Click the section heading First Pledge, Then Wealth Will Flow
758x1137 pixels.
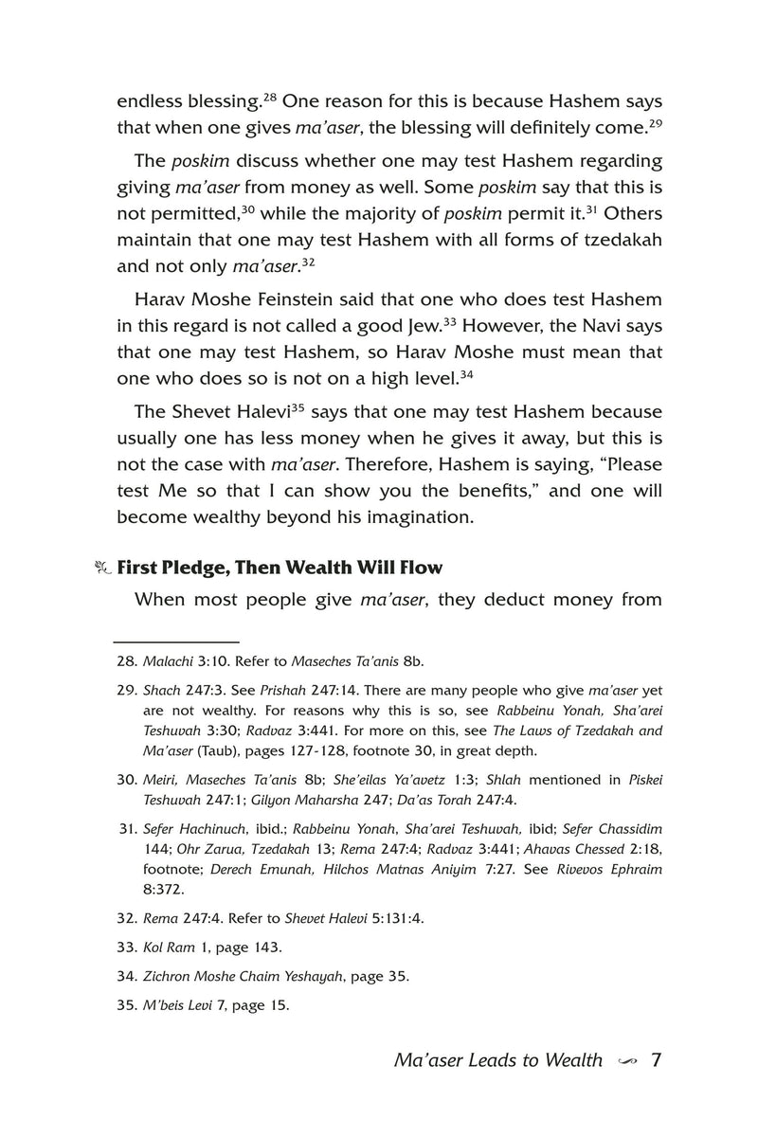point(279,568)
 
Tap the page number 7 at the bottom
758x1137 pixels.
point(655,1059)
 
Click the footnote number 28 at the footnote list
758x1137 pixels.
point(127,662)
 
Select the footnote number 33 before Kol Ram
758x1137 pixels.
point(127,947)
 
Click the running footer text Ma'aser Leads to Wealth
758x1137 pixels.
point(497,1060)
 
